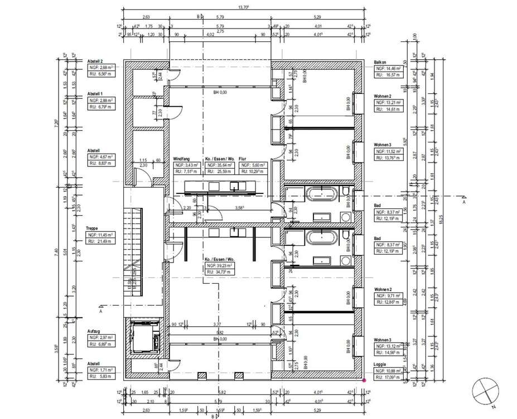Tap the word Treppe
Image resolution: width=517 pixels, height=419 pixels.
[92, 228]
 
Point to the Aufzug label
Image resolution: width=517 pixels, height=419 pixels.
[93, 331]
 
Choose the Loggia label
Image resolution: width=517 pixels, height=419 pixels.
[381, 364]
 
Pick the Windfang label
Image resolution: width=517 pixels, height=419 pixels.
[183, 159]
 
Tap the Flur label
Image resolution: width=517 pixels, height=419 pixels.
[243, 159]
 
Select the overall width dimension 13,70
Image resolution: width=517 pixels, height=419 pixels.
[243, 7]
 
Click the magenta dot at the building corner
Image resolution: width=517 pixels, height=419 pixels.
[364, 380]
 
